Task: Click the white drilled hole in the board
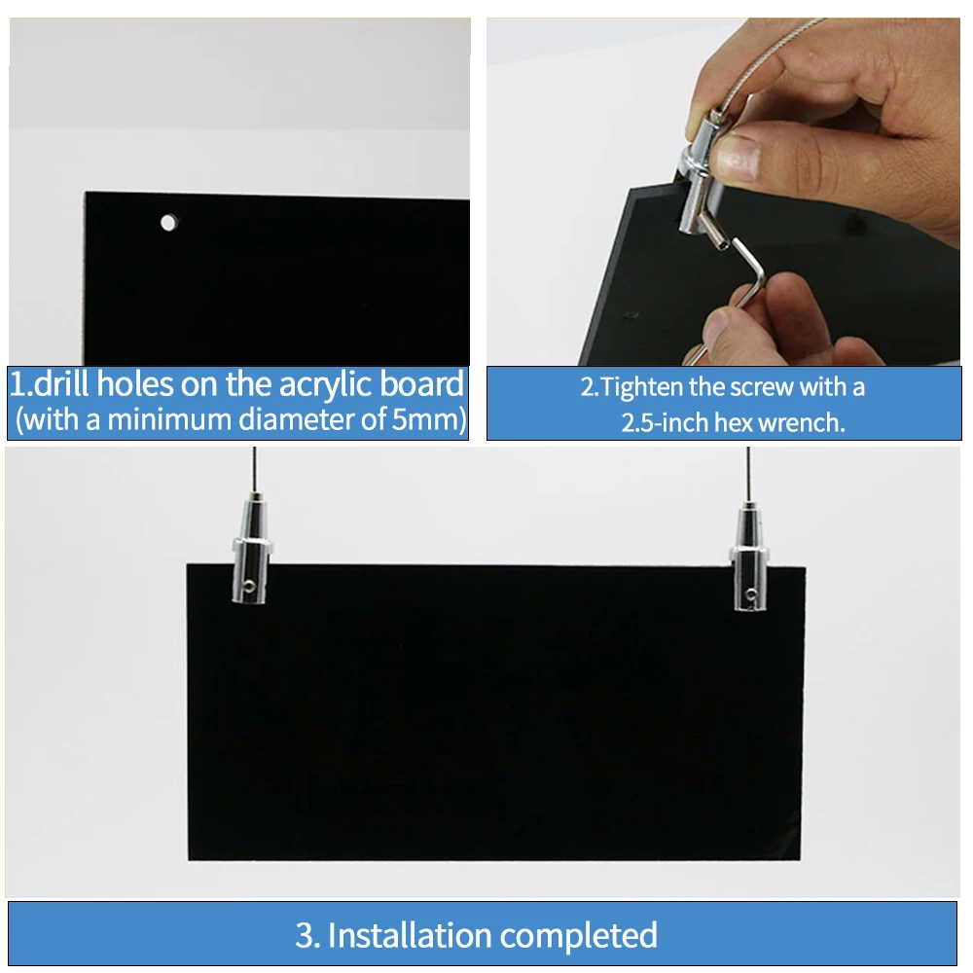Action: click(x=168, y=222)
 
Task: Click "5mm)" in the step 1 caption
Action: click(x=429, y=419)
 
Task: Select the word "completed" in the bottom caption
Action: click(x=578, y=936)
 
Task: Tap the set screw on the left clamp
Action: click(x=249, y=584)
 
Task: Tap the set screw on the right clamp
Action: click(x=751, y=595)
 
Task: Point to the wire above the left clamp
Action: click(x=254, y=470)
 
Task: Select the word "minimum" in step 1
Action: click(x=168, y=419)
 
